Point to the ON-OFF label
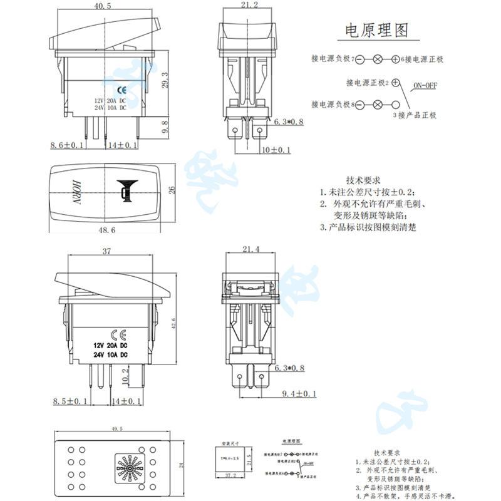[424, 86]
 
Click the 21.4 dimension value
[249, 250]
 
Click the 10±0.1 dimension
[276, 150]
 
